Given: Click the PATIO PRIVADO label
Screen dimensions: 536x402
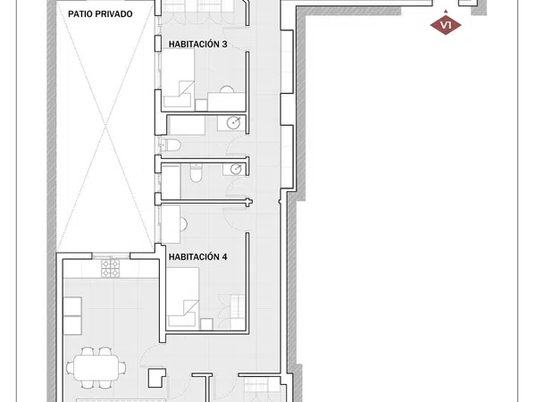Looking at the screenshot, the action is pos(100,14).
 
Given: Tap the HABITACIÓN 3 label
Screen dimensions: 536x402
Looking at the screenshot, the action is pos(198,44).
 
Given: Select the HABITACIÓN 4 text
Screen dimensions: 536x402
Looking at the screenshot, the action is pos(198,256).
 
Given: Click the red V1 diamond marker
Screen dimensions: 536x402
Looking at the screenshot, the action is pos(446,25).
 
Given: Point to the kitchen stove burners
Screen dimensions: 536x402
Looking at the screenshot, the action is pos(111,268).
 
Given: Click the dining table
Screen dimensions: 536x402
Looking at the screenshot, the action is pos(96,367).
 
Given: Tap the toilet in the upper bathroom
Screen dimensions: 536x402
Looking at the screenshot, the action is pos(171,146).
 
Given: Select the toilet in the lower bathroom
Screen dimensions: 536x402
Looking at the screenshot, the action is pos(197,173).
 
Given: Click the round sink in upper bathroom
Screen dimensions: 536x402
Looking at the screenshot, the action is pos(234,122).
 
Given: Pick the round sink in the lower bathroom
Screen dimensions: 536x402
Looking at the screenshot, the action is pos(236,169).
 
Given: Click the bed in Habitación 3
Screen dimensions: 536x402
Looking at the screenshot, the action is pos(178,78).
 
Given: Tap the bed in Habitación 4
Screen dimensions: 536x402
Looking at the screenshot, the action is pos(182,297).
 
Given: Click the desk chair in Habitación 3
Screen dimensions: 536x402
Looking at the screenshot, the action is pos(226,89).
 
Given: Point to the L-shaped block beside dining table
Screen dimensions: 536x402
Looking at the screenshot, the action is pos(157,378).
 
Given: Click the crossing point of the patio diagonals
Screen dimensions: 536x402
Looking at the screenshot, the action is pos(105,127).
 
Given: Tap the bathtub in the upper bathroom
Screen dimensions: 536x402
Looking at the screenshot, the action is pos(187,125).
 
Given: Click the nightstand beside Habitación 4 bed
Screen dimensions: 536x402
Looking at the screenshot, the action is pos(207,324).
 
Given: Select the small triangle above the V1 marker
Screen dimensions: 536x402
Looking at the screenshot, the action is pos(446,12).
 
